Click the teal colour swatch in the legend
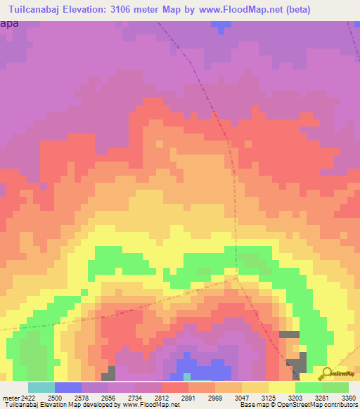click(x=41, y=387)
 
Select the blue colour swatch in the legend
click(x=68, y=387)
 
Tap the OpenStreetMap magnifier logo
click(x=326, y=372)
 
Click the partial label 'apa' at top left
click(x=9, y=23)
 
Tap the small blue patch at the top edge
click(x=221, y=25)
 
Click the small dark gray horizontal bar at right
click(x=289, y=334)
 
